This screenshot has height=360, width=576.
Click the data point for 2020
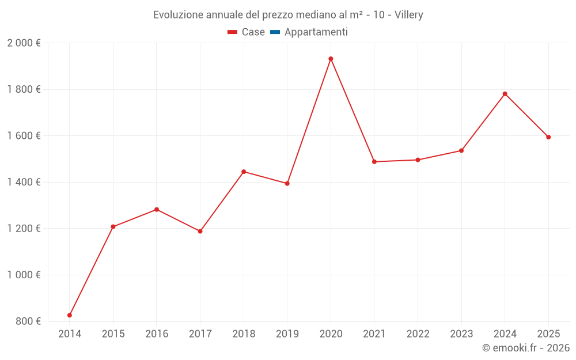[x=331, y=59]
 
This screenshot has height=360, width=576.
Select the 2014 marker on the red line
[x=70, y=315]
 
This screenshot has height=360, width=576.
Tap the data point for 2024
[x=505, y=94]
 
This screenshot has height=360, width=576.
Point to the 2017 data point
[x=200, y=232]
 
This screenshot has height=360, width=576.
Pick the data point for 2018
[x=244, y=172]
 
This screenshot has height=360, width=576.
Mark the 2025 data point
[x=548, y=137]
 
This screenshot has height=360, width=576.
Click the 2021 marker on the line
[x=374, y=162]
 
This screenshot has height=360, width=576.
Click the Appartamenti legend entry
[x=316, y=32]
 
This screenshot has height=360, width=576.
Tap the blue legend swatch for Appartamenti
[x=275, y=32]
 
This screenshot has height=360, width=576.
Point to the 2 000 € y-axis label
[x=24, y=43]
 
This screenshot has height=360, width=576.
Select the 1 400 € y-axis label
[x=24, y=182]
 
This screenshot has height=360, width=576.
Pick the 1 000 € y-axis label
[x=24, y=275]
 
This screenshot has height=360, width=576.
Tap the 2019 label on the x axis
[x=287, y=334]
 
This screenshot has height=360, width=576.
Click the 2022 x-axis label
[x=418, y=334]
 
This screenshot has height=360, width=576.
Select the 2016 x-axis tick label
[x=157, y=334]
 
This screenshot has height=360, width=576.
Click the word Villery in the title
[x=407, y=15]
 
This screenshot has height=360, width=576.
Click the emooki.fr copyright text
[x=526, y=348]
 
